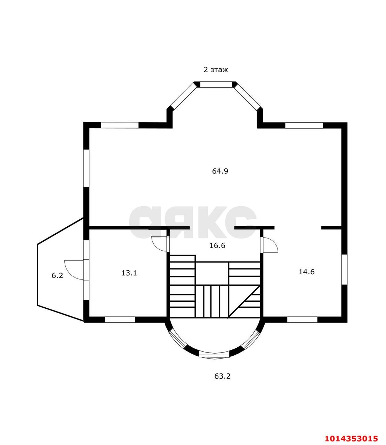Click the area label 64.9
220,171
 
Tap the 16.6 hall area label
217,245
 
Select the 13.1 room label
129,273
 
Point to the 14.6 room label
306,272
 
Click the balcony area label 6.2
57,276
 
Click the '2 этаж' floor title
216,70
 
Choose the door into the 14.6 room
270,244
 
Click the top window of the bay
216,84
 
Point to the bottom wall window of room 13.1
120,320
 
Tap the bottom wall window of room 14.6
303,320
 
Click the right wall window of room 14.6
344,270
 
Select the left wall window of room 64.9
86,168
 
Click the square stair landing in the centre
212,274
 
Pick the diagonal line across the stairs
244,302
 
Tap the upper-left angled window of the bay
184,96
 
